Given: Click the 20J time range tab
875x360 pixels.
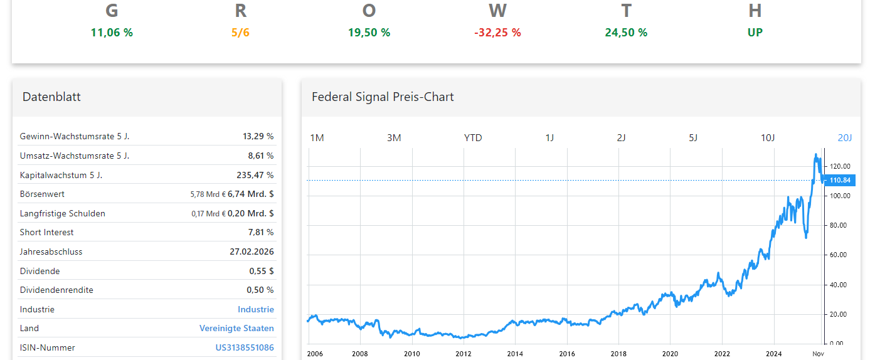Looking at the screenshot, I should pyautogui.click(x=845, y=138).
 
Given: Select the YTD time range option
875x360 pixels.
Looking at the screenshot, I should pyautogui.click(x=473, y=138).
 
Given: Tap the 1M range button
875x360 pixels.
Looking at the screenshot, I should pyautogui.click(x=317, y=138).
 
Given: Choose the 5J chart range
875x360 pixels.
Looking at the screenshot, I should pyautogui.click(x=693, y=138).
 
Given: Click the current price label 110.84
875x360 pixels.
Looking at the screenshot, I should pyautogui.click(x=840, y=181).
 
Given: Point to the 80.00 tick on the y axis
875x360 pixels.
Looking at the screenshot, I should pyautogui.click(x=840, y=225).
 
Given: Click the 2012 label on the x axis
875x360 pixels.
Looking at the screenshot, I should pyautogui.click(x=463, y=354).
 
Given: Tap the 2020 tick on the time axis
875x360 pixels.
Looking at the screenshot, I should pyautogui.click(x=670, y=354).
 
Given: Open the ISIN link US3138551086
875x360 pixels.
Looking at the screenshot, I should pyautogui.click(x=245, y=347).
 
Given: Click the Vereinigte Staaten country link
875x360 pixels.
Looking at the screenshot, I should pyautogui.click(x=236, y=328).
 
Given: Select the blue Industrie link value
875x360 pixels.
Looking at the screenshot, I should pyautogui.click(x=255, y=309).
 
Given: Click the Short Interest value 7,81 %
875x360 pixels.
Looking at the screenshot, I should pyautogui.click(x=261, y=232).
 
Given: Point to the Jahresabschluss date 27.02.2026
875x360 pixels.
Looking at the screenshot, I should pyautogui.click(x=252, y=251).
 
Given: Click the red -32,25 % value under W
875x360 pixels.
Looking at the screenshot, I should pyautogui.click(x=497, y=33).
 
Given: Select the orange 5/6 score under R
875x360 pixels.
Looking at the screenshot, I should pyautogui.click(x=240, y=33).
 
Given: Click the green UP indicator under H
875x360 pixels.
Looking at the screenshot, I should pyautogui.click(x=755, y=33).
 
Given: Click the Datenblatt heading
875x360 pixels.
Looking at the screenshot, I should pyautogui.click(x=51, y=97).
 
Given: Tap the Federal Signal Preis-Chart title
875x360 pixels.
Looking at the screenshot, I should pyautogui.click(x=383, y=97).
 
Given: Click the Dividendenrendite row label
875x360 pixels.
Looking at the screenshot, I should pyautogui.click(x=56, y=290).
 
